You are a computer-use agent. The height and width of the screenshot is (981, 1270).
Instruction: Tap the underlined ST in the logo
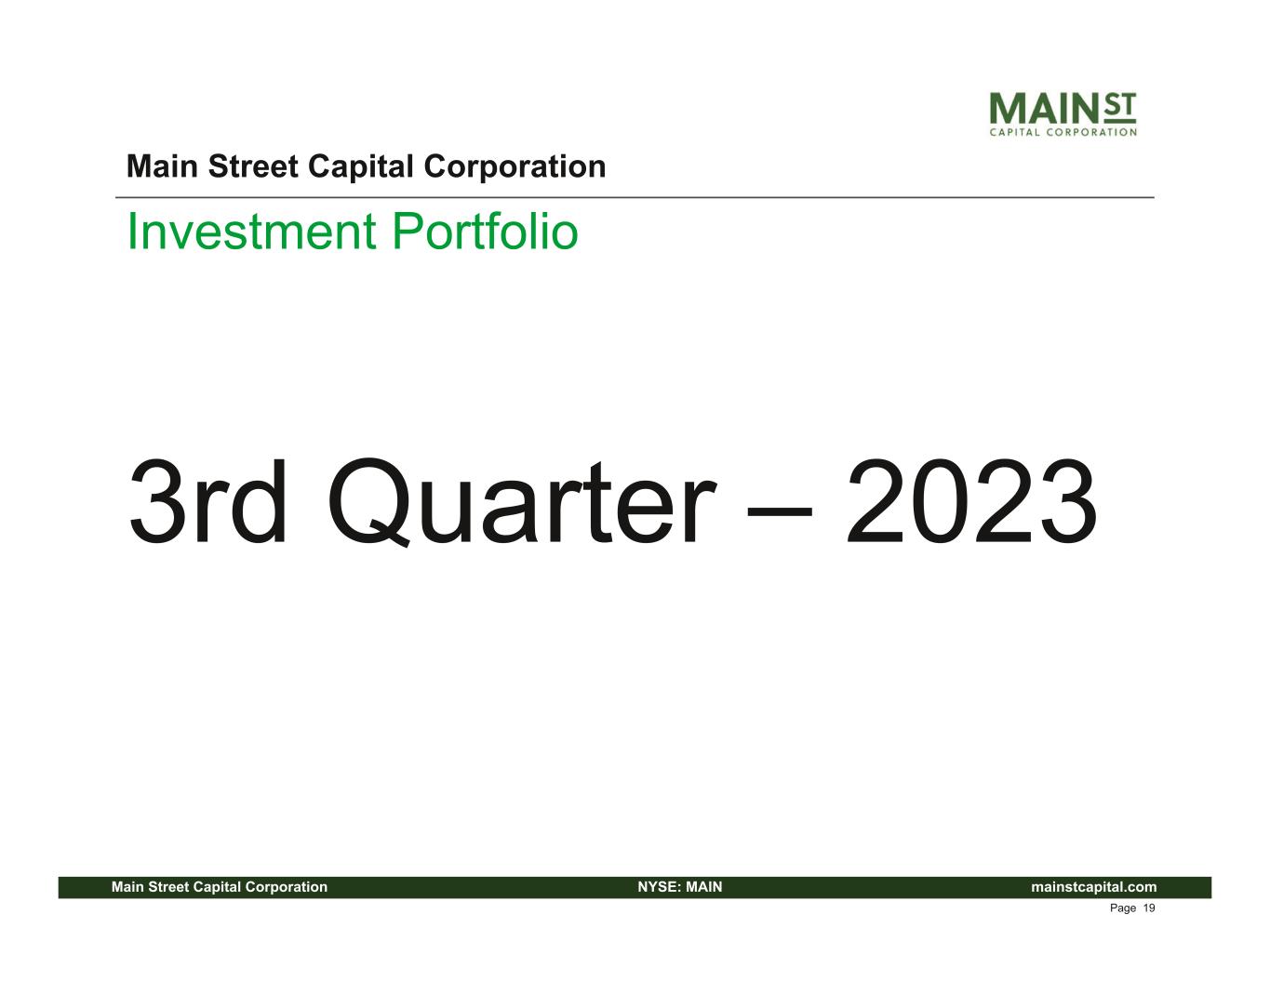tap(1120, 107)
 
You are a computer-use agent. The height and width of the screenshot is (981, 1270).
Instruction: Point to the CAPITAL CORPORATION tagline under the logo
tap(1063, 133)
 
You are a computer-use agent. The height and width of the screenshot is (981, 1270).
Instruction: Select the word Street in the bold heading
tap(253, 166)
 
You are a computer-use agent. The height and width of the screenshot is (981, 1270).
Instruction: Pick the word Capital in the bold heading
tap(361, 167)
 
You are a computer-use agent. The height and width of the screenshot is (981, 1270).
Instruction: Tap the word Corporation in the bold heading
tap(515, 167)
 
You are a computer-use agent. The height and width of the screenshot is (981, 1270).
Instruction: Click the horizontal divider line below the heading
tap(635, 198)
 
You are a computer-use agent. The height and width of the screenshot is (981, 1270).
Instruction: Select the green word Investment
tap(251, 232)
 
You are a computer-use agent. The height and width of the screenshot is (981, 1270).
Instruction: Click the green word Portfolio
tap(485, 232)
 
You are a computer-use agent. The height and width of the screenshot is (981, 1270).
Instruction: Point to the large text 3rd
tap(207, 501)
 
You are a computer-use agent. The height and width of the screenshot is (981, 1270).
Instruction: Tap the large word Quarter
tap(521, 503)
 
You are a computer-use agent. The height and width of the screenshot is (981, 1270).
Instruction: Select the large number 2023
tap(971, 501)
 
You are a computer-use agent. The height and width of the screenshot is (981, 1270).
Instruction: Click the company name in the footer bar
tap(220, 887)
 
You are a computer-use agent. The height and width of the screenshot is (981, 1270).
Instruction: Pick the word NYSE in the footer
tap(660, 887)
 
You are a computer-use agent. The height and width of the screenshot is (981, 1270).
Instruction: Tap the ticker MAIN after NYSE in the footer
tap(703, 887)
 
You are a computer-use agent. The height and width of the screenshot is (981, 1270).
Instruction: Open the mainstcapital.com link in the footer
tap(1094, 887)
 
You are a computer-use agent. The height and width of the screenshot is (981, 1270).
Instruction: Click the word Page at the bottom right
tap(1123, 908)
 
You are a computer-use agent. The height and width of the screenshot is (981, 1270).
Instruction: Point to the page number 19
tap(1149, 908)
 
